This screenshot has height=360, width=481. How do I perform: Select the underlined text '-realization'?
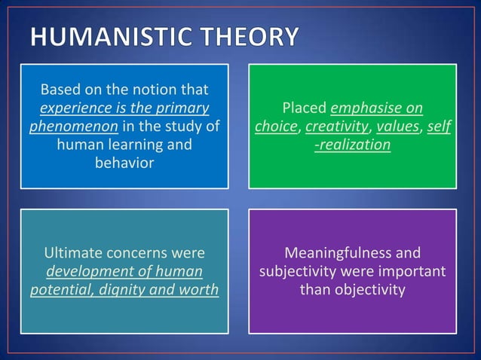pyautogui.click(x=352, y=143)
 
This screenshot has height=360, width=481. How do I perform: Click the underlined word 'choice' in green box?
pyautogui.click(x=276, y=127)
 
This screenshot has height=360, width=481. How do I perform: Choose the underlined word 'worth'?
pyautogui.click(x=199, y=288)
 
